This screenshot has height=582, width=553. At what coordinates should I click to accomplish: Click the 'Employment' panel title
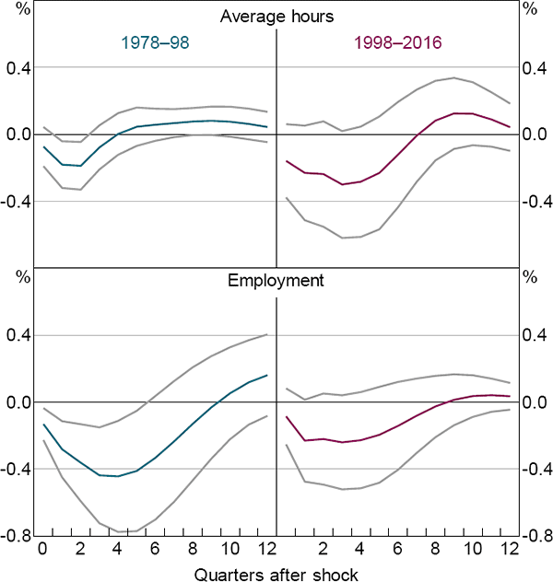pyautogui.click(x=276, y=280)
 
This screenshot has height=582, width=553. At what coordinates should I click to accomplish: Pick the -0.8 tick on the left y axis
pyautogui.click(x=18, y=536)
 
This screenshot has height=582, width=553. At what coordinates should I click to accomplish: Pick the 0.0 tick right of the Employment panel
pyautogui.click(x=533, y=402)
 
